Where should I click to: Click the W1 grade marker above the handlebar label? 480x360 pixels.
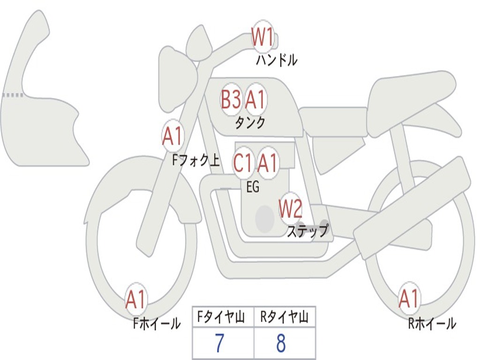tap(262, 37)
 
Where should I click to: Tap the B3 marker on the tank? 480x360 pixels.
tap(231, 99)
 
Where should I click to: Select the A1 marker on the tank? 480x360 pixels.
tap(255, 99)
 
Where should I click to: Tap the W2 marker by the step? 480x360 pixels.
tap(291, 209)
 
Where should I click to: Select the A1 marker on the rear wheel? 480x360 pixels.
tap(408, 299)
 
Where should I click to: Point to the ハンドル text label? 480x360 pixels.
tap(277, 60)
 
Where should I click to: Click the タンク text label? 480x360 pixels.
tap(250, 123)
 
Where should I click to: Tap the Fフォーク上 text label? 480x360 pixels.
tap(195, 161)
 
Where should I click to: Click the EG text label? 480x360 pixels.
tap(252, 187)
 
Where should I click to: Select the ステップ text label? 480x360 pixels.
tap(307, 231)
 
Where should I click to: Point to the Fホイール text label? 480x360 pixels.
tap(157, 323)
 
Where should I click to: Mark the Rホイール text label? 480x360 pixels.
tap(432, 323)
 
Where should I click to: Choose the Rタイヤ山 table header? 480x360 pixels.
tap(284, 319)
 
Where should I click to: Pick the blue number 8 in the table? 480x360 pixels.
tap(281, 344)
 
